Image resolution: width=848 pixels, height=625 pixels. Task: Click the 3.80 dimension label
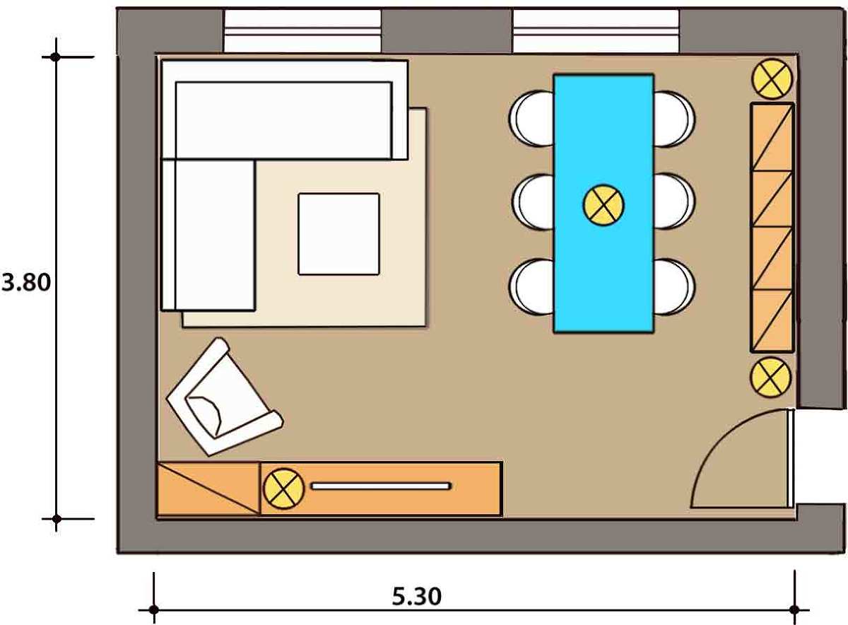pos(27,283)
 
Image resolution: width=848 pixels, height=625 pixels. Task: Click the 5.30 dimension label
pos(416,596)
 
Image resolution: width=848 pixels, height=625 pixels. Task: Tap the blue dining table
pos(603,269)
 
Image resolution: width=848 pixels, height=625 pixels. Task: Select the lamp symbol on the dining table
pos(603,205)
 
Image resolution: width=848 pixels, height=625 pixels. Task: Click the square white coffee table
pos(338,233)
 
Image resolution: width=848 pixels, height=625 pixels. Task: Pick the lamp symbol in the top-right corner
pos(771,78)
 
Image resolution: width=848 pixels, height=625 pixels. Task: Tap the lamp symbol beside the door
pos(770,377)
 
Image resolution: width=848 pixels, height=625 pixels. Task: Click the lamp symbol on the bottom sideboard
pos(283,489)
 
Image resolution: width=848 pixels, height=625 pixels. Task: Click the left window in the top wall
pos(302,31)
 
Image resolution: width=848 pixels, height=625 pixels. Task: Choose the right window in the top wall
pos(596,31)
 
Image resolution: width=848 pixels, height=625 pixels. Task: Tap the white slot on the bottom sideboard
pos(381,486)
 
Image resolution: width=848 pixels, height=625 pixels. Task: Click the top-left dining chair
pos(531,118)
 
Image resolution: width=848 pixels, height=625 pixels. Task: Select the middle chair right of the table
pos(674,201)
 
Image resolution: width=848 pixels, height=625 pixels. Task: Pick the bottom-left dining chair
pos(531,286)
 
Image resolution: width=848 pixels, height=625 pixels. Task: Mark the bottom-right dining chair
pos(674,286)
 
